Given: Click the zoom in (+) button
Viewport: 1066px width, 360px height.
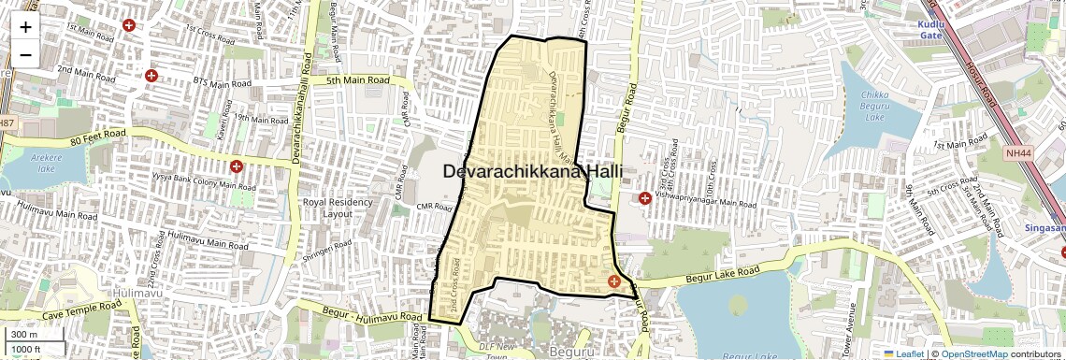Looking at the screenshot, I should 25,26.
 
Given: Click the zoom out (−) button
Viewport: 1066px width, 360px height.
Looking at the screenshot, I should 25,54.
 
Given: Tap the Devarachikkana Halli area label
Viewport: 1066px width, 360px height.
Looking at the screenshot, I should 533,172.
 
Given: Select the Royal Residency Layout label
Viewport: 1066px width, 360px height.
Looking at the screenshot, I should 338,208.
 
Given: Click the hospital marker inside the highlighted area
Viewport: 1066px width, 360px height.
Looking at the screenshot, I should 614,281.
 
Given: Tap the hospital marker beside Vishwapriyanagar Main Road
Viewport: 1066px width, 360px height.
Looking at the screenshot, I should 645,198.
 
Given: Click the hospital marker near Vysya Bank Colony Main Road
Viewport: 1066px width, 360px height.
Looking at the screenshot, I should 237,166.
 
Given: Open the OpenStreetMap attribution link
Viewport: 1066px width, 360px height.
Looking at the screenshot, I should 973,353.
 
